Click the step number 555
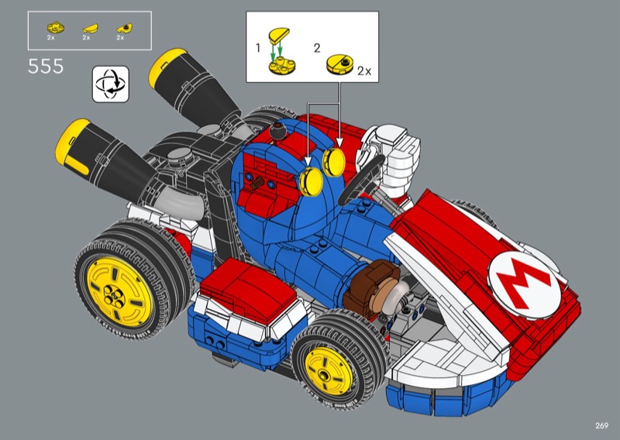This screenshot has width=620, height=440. pyautogui.click(x=46, y=66)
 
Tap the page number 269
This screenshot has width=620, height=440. pyautogui.click(x=601, y=425)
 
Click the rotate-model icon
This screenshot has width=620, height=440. pyautogui.click(x=111, y=84)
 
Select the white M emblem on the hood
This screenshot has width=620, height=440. pyautogui.click(x=525, y=284)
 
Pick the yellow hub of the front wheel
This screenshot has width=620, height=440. pyautogui.click(x=329, y=371)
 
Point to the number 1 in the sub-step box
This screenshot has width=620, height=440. pyautogui.click(x=258, y=48)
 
